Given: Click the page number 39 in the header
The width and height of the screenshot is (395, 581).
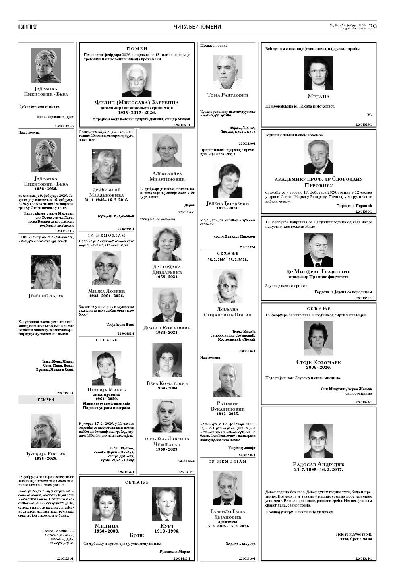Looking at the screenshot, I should [372, 27].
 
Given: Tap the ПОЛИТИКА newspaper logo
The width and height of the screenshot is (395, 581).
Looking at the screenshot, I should [28, 27].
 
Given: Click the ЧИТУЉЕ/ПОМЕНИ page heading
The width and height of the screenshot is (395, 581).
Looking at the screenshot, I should [197, 27].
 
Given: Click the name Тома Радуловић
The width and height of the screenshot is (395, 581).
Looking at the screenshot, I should [227, 95].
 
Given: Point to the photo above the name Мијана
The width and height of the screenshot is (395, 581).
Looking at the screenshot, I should [318, 73].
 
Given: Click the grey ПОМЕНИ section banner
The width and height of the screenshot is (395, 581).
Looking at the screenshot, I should [46, 399].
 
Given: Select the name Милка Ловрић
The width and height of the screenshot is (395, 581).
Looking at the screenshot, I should [106, 291].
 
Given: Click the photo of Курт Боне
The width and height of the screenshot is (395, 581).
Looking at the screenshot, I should [167, 504].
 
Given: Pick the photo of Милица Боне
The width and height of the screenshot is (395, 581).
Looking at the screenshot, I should [106, 504].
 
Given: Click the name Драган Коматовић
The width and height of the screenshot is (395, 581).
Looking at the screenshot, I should [167, 328].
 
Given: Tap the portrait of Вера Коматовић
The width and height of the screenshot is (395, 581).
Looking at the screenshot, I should [167, 360].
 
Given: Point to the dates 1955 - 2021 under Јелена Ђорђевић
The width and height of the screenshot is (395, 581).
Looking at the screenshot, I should [227, 208].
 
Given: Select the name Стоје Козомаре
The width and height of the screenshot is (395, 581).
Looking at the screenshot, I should [318, 362].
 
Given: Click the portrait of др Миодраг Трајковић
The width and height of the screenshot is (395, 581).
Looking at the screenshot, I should [318, 250].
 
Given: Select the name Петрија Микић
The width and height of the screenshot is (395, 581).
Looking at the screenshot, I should [106, 390].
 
